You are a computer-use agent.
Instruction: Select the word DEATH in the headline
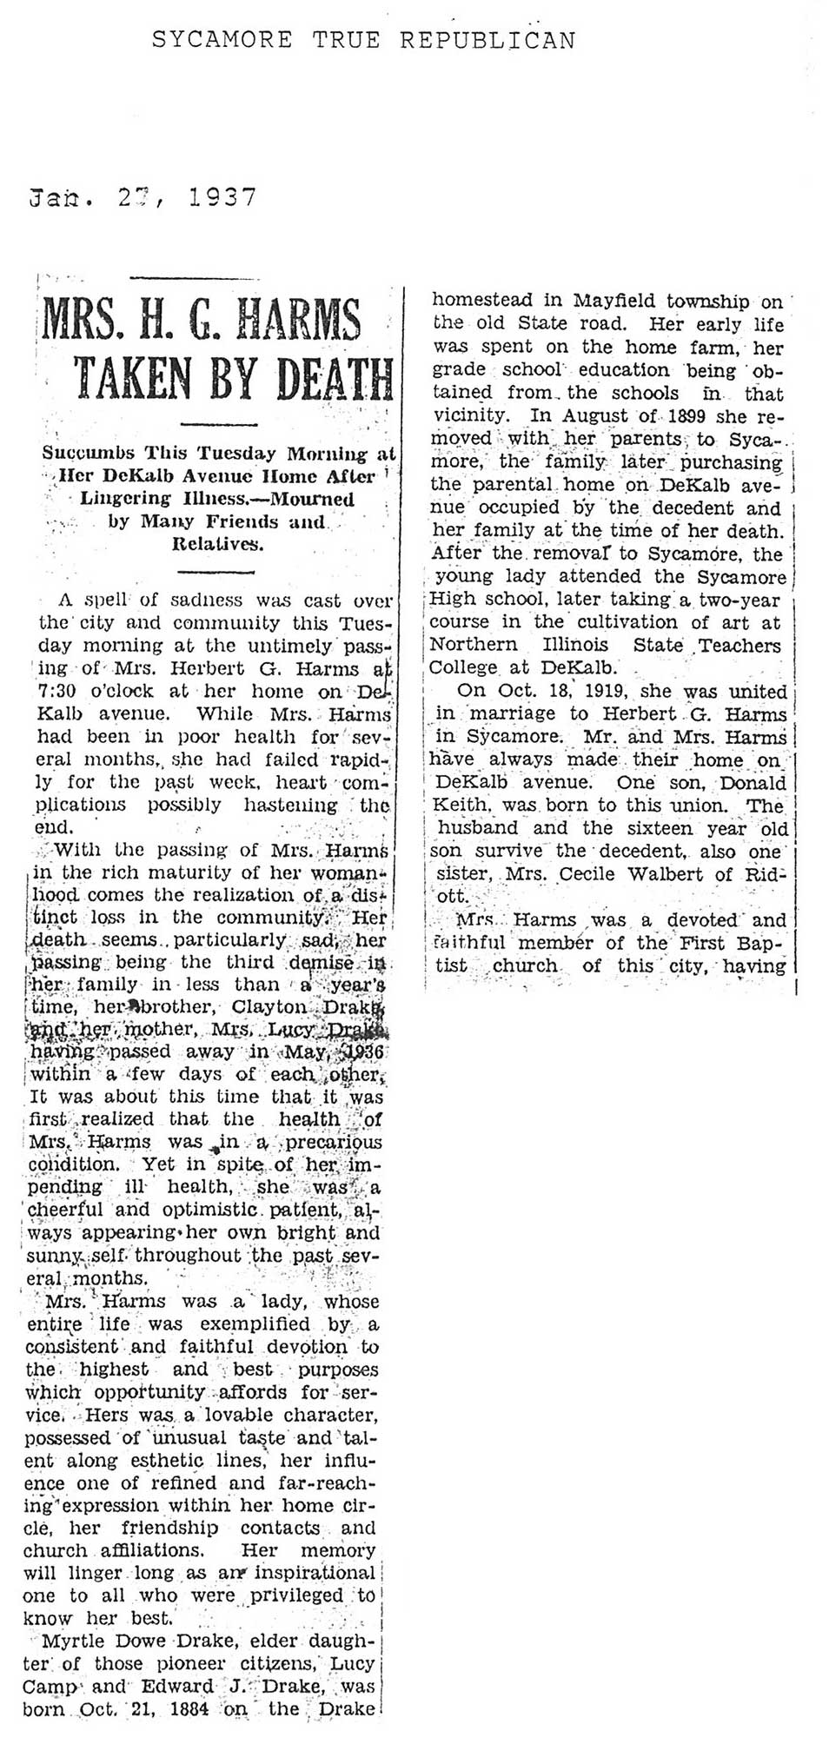coord(321,378)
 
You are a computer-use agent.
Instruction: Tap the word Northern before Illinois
coord(474,646)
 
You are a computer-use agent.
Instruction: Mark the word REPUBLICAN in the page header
coord(487,40)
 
